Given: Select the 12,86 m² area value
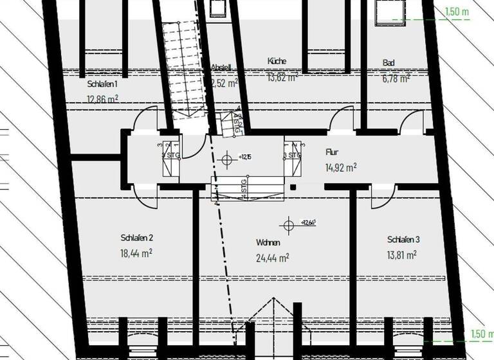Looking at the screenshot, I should click(102, 98).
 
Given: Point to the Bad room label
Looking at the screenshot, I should click(389, 63).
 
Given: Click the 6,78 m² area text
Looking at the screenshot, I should click(396, 79).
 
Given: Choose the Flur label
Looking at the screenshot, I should click(332, 152).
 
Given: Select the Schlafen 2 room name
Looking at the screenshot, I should click(136, 238).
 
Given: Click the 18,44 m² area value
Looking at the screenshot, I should click(136, 253).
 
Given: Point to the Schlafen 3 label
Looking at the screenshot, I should click(403, 240).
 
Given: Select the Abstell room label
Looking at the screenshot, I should click(221, 67).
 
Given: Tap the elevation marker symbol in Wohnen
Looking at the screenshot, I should click(287, 225).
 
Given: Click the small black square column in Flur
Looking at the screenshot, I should click(293, 187).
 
